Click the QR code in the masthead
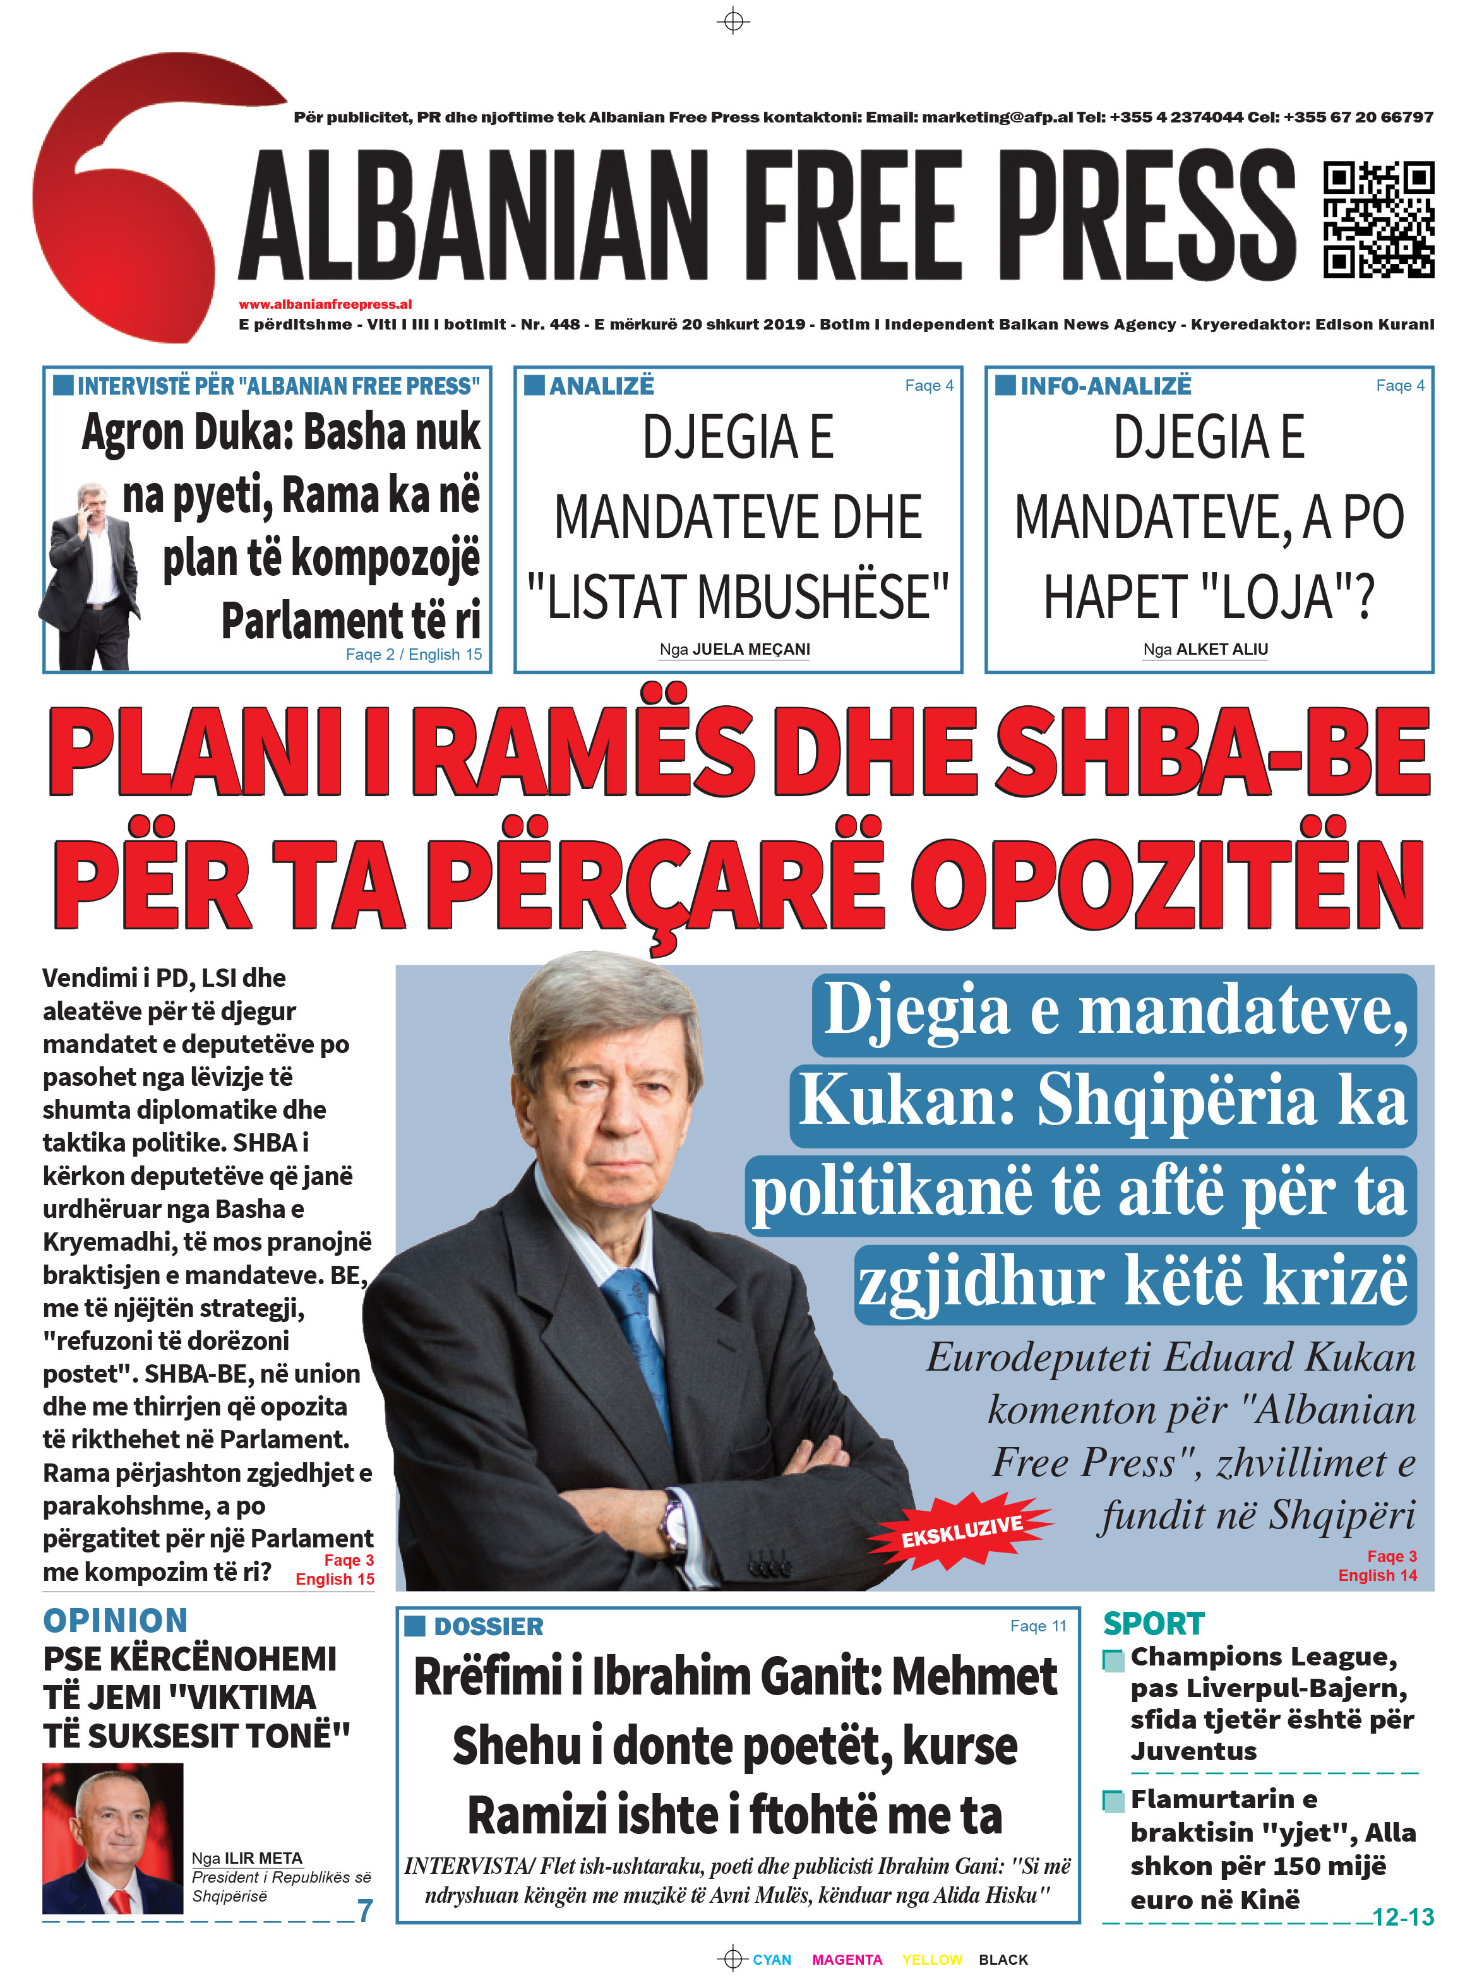[x=1378, y=219]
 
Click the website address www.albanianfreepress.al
[x=325, y=304]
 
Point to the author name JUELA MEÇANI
[x=751, y=649]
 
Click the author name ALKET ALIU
[x=1221, y=649]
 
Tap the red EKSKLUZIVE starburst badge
[x=961, y=1530]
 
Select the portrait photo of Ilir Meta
[x=112, y=1838]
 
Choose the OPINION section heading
[x=116, y=1619]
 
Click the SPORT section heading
[x=1153, y=1623]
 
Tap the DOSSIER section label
[x=488, y=1626]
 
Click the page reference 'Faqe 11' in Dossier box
[x=1038, y=1625]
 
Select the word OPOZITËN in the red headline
[x=1168, y=885]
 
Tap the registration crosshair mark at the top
[x=733, y=21]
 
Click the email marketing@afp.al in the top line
[x=997, y=117]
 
